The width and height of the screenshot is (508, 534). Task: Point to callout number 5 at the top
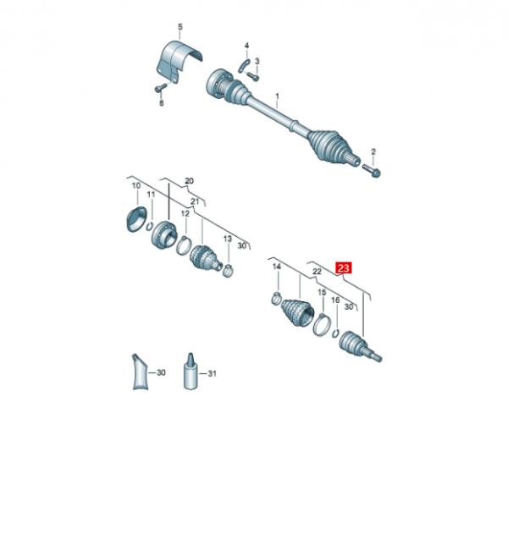pos(179,28)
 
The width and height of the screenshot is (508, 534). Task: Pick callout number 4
pos(246,45)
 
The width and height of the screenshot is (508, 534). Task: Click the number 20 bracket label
pos(189,180)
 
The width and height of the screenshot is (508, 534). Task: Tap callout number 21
pos(195,201)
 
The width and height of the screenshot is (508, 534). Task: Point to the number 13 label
pos(227,239)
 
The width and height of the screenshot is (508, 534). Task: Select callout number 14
pos(276,267)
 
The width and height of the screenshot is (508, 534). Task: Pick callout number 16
pos(335,300)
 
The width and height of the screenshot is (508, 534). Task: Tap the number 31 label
pos(213,373)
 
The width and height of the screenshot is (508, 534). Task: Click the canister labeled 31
pos(190,372)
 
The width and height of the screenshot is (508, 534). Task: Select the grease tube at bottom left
pos(137,373)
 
